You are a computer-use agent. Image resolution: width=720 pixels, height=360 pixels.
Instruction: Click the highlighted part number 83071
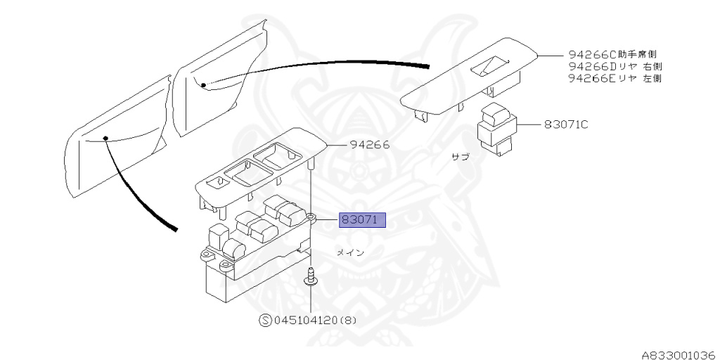click(361, 220)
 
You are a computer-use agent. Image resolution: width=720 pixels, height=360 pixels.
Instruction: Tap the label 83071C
click(565, 125)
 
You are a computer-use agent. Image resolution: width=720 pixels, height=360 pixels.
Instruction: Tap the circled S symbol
click(266, 321)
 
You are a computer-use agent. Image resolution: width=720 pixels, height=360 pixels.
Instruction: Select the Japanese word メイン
click(349, 252)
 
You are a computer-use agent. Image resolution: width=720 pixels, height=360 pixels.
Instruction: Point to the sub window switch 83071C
click(497, 129)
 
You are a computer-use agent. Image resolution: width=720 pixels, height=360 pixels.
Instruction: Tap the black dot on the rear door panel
click(203, 84)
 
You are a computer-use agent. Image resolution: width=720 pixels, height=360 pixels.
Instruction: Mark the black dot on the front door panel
click(105, 138)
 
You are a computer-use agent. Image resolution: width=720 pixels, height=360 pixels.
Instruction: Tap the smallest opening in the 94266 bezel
click(221, 181)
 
